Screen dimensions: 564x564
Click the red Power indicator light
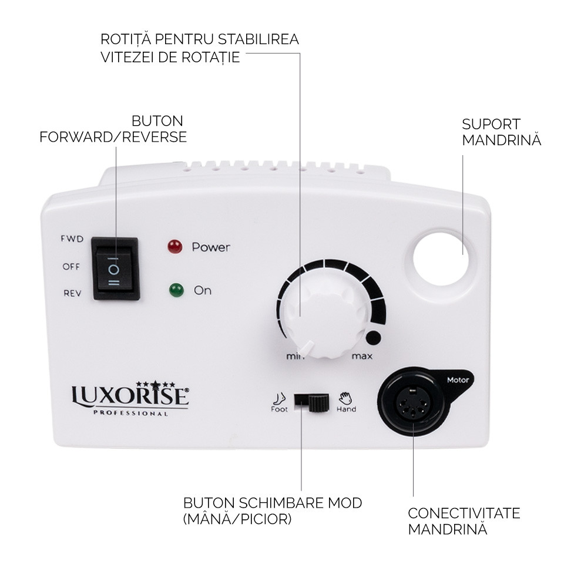[174, 247]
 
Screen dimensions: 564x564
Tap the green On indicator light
[175, 290]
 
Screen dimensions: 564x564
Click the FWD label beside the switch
[72, 239]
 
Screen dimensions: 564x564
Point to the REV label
[72, 293]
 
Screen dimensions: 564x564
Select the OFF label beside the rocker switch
[72, 266]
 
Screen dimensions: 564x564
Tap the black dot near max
[372, 338]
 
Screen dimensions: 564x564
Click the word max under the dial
[362, 356]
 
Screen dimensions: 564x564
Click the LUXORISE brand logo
[130, 396]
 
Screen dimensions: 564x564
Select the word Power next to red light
[211, 247]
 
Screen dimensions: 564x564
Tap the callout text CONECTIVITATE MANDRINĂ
[464, 521]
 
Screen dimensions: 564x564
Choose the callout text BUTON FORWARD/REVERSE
[114, 129]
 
